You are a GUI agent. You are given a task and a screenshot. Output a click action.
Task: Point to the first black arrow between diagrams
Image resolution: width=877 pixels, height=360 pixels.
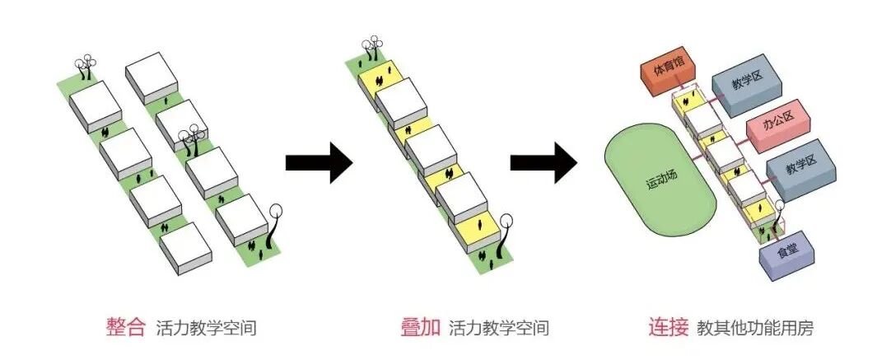pos(318,162)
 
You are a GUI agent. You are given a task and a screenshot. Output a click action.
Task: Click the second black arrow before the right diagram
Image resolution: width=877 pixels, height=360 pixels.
pos(543,162)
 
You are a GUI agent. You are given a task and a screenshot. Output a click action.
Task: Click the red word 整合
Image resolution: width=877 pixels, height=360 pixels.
pos(125,327)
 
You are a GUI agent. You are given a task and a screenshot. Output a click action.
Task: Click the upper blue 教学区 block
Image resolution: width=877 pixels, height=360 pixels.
pos(739,82)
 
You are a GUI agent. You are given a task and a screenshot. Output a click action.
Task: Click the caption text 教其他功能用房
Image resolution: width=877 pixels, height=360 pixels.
pos(754,328)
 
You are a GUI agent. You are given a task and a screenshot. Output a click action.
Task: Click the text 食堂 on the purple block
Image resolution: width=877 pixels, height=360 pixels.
pos(785,250)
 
